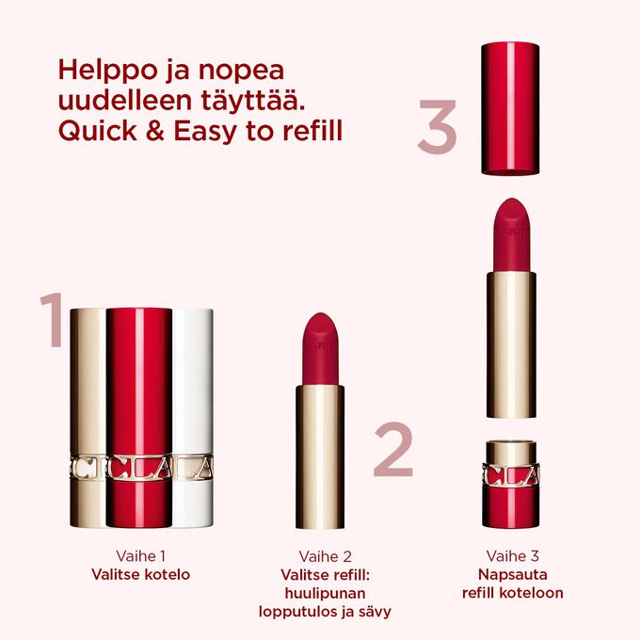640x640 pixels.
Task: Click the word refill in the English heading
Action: (x=312, y=131)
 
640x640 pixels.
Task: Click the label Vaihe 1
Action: (x=139, y=555)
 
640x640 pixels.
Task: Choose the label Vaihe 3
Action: (x=513, y=555)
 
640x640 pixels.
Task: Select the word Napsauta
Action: (x=513, y=574)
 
